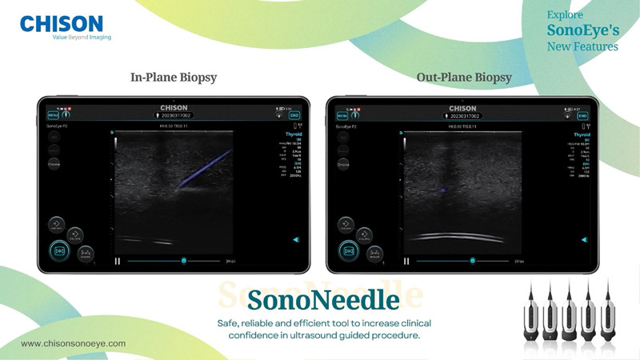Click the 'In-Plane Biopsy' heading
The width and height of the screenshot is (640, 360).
click(174, 78)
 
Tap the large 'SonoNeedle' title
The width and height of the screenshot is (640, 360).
click(322, 301)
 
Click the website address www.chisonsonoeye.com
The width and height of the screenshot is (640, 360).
click(73, 343)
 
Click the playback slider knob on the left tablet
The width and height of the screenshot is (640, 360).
click(184, 260)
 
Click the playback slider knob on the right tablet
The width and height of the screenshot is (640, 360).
click(473, 260)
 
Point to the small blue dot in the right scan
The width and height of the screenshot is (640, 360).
click(441, 190)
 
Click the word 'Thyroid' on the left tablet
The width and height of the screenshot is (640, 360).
click(283, 134)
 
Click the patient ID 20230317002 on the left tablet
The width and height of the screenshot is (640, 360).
click(174, 115)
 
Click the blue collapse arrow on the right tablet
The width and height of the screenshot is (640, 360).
click(586, 239)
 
